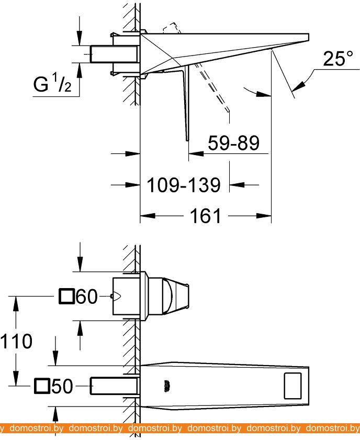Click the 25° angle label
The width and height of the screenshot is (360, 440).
334,59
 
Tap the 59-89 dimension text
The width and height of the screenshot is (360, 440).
233,142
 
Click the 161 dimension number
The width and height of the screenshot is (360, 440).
206,215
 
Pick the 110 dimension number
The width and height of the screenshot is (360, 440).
16,342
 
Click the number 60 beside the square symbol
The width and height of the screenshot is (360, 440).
87,298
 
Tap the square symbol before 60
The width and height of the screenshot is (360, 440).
66,298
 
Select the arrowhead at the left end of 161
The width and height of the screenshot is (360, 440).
144,215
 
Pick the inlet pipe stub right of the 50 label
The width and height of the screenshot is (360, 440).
114,387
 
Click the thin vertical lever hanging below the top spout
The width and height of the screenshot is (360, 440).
186,105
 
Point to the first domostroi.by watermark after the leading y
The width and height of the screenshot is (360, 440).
36,428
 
